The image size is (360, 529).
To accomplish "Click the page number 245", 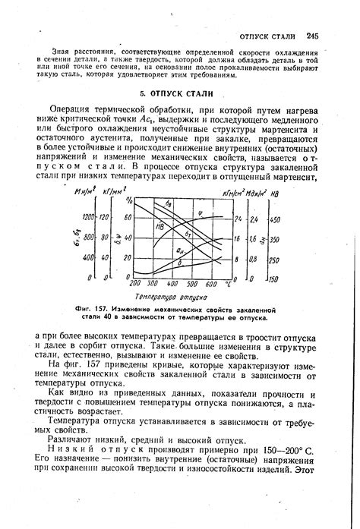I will [312, 36].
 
